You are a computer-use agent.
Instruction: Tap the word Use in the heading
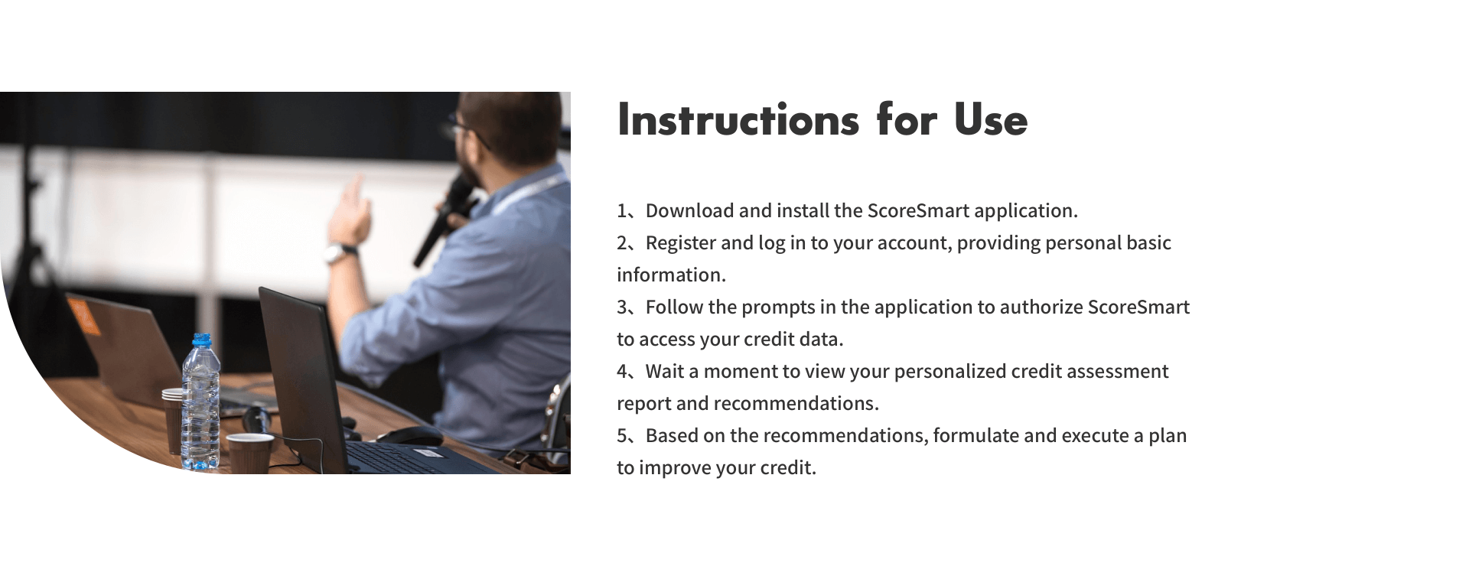(x=991, y=120)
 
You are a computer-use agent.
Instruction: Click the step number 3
(x=622, y=307)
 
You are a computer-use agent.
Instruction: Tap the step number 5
(x=622, y=436)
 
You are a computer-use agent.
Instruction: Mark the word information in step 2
(x=671, y=275)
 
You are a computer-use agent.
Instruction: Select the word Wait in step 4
(x=664, y=372)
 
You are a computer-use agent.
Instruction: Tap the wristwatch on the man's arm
(x=340, y=252)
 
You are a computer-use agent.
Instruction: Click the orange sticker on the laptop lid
(x=83, y=315)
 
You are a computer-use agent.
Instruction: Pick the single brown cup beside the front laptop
(x=249, y=454)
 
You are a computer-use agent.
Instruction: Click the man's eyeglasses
(x=468, y=130)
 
